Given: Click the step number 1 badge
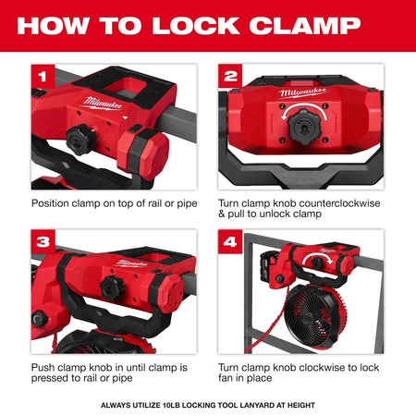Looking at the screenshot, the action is (43, 76).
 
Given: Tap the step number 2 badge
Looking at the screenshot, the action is (230, 76).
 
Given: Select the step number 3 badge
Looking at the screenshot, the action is (43, 241).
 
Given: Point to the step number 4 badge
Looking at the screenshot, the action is (230, 241).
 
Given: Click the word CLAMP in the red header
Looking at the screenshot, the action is (305, 25).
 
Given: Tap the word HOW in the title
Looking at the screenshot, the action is (54, 25).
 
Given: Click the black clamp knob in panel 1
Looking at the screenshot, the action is (80, 140).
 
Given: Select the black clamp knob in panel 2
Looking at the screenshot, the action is (304, 127).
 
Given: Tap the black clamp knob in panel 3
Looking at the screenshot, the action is (113, 288).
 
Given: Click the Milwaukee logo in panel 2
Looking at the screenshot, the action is (303, 92).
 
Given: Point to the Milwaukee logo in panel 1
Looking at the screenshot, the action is (103, 104).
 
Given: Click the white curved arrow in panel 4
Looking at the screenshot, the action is (317, 256).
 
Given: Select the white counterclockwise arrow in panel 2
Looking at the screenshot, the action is (304, 107).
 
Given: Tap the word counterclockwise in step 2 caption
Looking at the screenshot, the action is (339, 203).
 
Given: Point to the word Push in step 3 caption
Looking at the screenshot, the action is (43, 368).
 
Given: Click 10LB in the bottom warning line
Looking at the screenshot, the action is (171, 405).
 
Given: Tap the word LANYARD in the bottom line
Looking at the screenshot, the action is (259, 405).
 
